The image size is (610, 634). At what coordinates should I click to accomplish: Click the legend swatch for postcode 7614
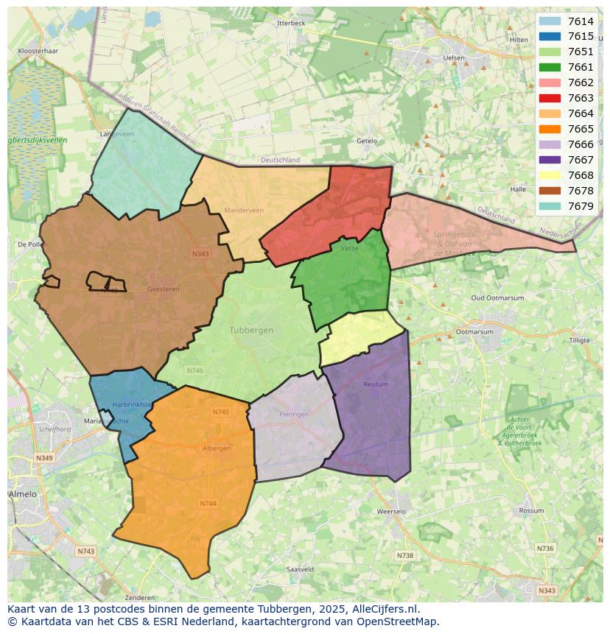[550, 21]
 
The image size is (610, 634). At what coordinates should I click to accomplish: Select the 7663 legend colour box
[550, 98]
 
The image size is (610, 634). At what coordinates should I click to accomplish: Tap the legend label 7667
[581, 160]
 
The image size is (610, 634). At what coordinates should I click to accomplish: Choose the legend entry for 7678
[581, 191]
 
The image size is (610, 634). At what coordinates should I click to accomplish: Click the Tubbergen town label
[251, 330]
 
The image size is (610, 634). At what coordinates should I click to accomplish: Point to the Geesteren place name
[163, 289]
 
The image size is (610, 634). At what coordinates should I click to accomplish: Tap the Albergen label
[217, 448]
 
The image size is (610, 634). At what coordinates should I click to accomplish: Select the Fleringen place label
[294, 415]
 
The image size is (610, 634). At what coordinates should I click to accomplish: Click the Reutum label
[375, 384]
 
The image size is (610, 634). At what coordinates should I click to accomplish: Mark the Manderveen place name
[244, 211]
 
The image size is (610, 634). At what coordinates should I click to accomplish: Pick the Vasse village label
[349, 249]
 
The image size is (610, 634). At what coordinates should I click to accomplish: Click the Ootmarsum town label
[474, 332]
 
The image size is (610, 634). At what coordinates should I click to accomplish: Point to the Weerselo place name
[391, 511]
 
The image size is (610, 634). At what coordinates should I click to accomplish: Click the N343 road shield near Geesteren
[200, 253]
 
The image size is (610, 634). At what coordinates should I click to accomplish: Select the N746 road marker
[195, 370]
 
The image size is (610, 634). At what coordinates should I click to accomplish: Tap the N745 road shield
[221, 412]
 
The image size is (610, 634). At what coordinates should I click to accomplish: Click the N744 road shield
[208, 504]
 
